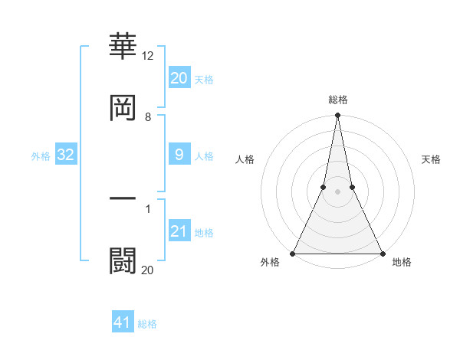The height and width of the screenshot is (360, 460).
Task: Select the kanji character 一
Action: pyautogui.click(x=123, y=198)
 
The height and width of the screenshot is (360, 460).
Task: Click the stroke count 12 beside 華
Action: pyautogui.click(x=148, y=55)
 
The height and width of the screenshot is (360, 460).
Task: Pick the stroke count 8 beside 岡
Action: pyautogui.click(x=148, y=117)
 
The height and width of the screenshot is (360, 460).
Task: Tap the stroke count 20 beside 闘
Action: pyautogui.click(x=148, y=270)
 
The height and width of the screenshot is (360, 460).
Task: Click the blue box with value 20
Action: pyautogui.click(x=179, y=78)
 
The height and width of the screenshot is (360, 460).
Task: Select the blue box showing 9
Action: pyautogui.click(x=179, y=155)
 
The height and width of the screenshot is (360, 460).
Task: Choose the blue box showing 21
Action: pyautogui.click(x=179, y=231)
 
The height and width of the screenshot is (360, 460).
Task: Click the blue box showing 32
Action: pyautogui.click(x=65, y=155)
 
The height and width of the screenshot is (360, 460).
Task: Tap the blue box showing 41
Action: pyautogui.click(x=123, y=322)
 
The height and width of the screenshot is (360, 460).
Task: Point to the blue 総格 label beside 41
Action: pyautogui.click(x=147, y=324)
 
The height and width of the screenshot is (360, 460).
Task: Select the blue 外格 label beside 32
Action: pyautogui.click(x=41, y=156)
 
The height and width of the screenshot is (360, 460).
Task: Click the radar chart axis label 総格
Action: pyautogui.click(x=337, y=100)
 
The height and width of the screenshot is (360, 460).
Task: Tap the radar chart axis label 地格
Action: pyautogui.click(x=402, y=263)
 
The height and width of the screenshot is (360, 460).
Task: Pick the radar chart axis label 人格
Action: pyautogui.click(x=244, y=159)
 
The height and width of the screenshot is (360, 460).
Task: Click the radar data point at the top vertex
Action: pyautogui.click(x=337, y=116)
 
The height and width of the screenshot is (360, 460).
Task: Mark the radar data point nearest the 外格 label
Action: pyautogui.click(x=293, y=253)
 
